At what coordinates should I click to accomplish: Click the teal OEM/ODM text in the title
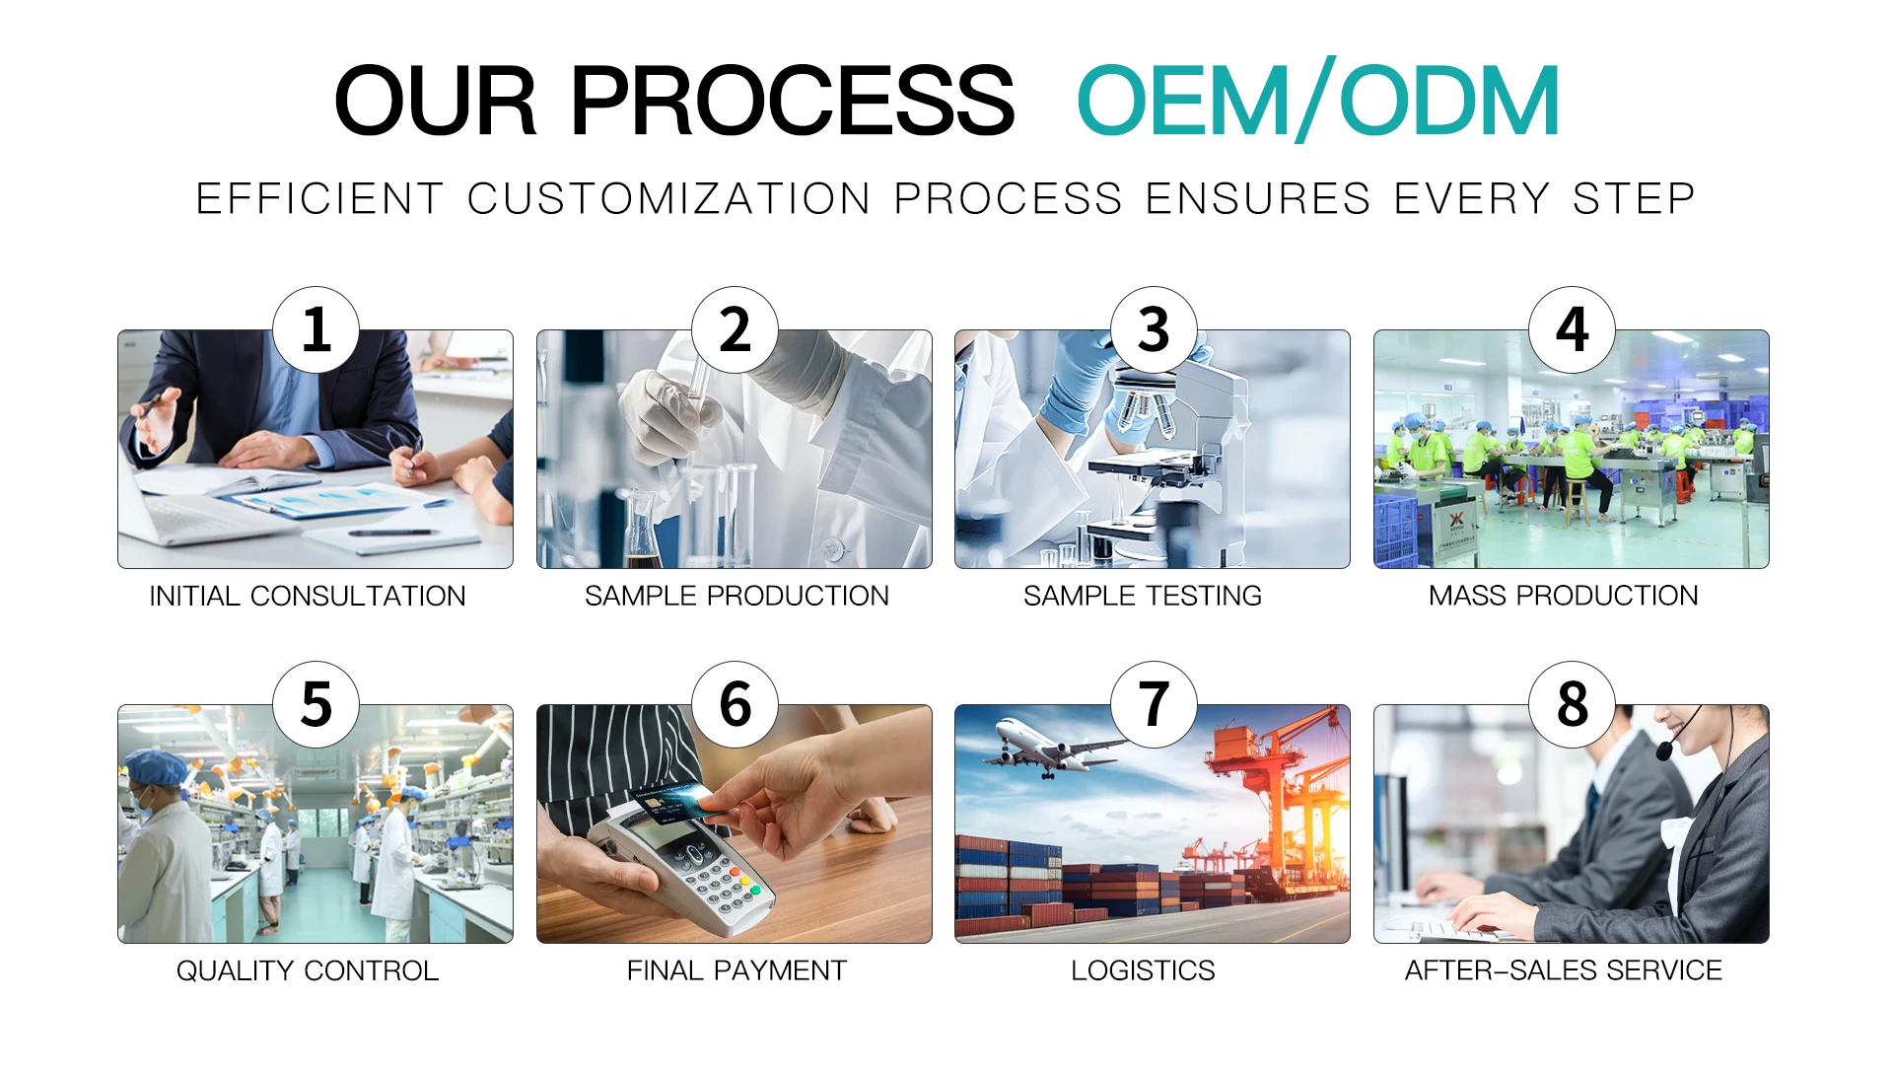[1317, 101]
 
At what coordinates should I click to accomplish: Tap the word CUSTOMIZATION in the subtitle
[668, 198]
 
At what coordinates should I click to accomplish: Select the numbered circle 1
[315, 329]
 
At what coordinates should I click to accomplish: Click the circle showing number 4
[1572, 329]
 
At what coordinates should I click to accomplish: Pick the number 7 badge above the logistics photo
[1154, 704]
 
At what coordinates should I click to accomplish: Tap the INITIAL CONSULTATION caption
[308, 596]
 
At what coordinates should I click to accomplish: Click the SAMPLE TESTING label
[1142, 596]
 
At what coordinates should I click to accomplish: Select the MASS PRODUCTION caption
[1563, 596]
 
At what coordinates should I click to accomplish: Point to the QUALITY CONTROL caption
[308, 970]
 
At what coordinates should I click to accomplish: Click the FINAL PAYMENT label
[736, 970]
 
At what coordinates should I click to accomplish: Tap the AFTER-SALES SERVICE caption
[1563, 970]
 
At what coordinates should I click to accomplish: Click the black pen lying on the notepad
[393, 533]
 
